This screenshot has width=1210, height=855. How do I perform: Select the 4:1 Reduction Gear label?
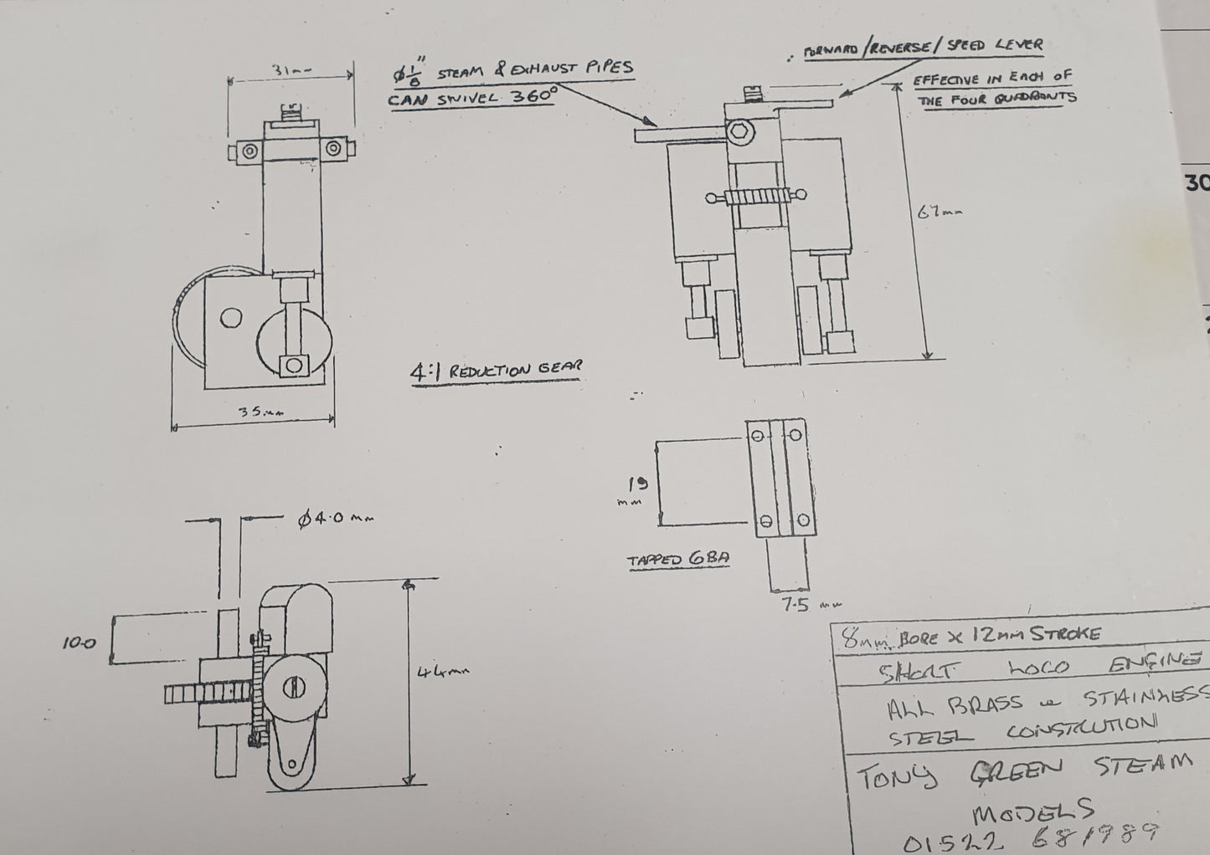click(x=496, y=370)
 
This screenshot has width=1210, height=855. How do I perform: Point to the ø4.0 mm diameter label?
click(x=335, y=519)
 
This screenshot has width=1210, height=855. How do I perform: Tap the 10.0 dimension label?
click(x=79, y=643)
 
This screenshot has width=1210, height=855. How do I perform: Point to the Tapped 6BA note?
click(x=678, y=560)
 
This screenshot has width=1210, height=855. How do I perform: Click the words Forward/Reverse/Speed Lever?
click(x=923, y=47)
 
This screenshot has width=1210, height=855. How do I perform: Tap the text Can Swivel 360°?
click(x=472, y=97)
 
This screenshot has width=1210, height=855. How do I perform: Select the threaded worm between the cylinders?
click(x=758, y=198)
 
